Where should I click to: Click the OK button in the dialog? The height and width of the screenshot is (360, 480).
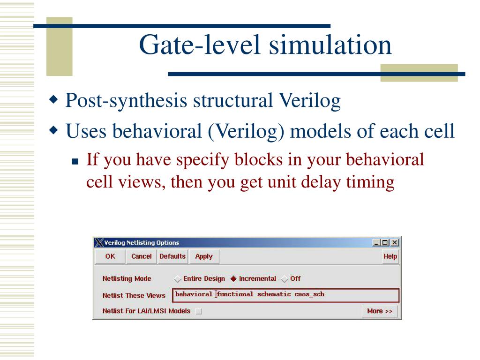coord(110,256)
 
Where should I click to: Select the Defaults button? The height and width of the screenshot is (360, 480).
coord(172,256)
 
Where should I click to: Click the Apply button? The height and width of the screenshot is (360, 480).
coord(204,256)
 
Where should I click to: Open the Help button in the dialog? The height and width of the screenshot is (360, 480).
coord(390,256)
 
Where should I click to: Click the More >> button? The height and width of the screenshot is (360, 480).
coord(380,311)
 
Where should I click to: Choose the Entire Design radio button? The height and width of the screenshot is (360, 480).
coord(178,279)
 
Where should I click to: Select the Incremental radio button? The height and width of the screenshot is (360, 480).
coord(233,279)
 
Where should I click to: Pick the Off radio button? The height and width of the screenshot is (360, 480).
coord(285,279)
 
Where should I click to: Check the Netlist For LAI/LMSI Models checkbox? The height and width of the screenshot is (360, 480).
coord(199,311)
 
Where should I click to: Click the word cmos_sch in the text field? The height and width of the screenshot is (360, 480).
coord(309,294)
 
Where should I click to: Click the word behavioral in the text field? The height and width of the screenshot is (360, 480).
coord(194,294)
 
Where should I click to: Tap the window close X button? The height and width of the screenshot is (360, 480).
coord(395,243)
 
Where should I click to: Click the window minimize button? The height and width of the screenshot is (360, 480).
coord(376,243)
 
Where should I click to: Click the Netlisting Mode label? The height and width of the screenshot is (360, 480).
coord(127,279)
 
